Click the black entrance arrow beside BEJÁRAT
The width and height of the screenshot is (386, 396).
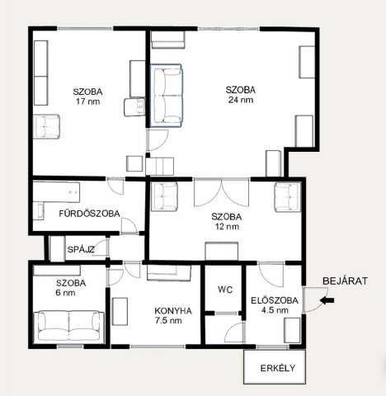click(327, 300)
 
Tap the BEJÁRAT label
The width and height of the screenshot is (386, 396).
click(345, 281)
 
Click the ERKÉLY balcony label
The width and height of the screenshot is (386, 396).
click(278, 368)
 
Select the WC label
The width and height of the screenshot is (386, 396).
click(225, 290)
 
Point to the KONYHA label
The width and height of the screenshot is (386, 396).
click(173, 311)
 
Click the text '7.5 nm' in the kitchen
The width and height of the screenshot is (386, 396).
click(168, 321)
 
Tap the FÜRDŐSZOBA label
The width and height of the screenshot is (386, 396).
click(89, 214)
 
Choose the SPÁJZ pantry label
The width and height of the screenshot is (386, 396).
click(81, 249)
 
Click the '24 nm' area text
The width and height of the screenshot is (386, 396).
click(241, 100)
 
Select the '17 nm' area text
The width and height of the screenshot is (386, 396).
click(88, 101)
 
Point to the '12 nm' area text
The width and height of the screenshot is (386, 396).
click(227, 227)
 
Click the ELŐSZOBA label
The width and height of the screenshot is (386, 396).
click(275, 300)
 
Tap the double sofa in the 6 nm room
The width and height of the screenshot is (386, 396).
click(68, 327)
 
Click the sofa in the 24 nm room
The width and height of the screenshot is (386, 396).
click(166, 96)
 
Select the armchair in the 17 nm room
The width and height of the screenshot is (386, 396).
click(46, 126)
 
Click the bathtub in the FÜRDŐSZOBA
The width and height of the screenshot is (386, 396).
click(56, 192)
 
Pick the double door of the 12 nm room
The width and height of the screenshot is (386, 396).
click(222, 192)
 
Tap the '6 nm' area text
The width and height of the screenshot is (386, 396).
click(65, 293)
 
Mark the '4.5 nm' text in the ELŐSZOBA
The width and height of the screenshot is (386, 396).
click(275, 310)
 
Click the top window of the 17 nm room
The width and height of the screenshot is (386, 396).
click(85, 28)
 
